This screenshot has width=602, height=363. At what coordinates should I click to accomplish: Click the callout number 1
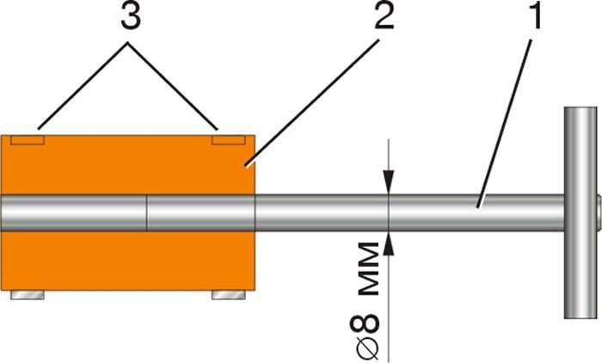[x=535, y=17]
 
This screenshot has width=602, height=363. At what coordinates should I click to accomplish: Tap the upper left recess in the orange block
[x=28, y=140]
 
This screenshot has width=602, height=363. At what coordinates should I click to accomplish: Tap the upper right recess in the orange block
[x=229, y=140]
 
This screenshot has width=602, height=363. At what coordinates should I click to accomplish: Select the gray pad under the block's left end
[x=28, y=295]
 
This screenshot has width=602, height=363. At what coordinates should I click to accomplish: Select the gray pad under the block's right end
[x=229, y=295]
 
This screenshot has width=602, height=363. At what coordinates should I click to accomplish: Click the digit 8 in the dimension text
[x=365, y=324]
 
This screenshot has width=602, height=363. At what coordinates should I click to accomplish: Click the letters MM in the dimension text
[x=369, y=269]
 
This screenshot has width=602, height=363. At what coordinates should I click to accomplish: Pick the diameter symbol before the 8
[x=365, y=348]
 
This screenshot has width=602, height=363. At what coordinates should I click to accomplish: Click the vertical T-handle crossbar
[x=580, y=212]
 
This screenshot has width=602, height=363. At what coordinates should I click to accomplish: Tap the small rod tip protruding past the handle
[x=599, y=212]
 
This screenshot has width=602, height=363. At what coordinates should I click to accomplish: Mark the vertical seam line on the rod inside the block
[x=147, y=212]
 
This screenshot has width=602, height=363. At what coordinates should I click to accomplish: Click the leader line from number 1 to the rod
[x=505, y=124]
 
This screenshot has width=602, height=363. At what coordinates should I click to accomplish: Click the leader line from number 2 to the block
[x=311, y=104]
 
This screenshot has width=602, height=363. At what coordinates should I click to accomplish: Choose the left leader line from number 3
[x=83, y=86]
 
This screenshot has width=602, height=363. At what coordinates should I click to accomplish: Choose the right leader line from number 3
[x=174, y=86]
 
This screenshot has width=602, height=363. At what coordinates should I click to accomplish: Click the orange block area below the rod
[x=128, y=261]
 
